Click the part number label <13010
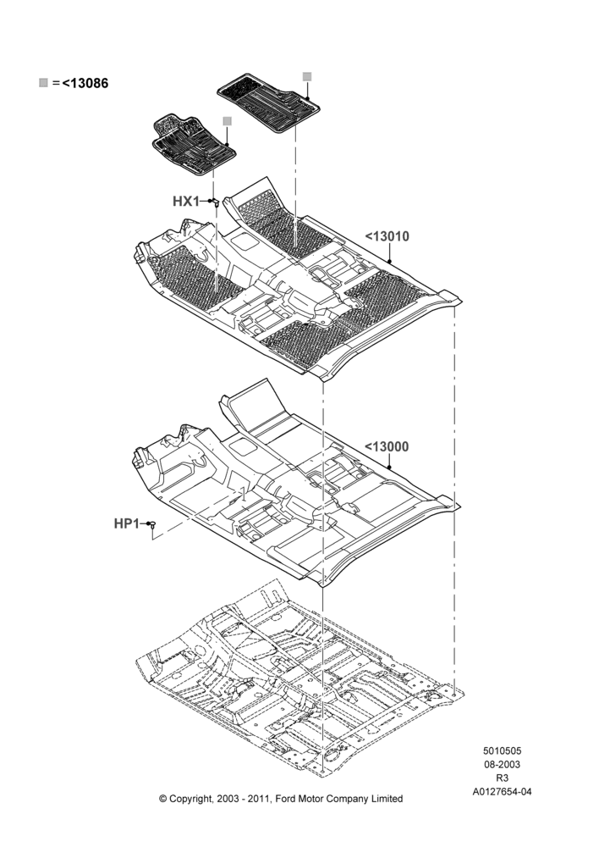(387, 236)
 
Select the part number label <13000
(387, 446)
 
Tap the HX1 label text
(186, 202)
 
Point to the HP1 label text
(127, 523)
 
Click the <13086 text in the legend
(85, 83)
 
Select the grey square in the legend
(43, 83)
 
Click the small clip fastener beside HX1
(214, 202)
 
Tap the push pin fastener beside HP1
(153, 523)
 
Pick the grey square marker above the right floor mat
(306, 76)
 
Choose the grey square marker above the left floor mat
(228, 121)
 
